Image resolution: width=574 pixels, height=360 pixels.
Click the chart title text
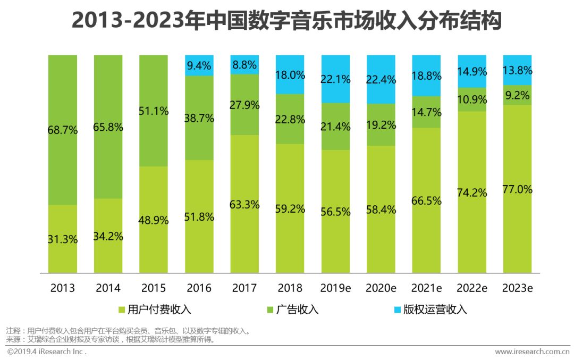click(x=286, y=22)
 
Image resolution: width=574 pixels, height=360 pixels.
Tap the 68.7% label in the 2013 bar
click(x=63, y=130)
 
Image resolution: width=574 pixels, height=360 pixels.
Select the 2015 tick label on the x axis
click(x=154, y=288)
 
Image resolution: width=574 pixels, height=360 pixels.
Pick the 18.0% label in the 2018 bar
click(x=290, y=75)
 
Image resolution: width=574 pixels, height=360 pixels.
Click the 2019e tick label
click(x=335, y=288)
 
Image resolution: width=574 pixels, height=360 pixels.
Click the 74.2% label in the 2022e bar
click(x=472, y=192)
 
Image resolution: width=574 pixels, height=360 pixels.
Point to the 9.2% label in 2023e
click(x=517, y=96)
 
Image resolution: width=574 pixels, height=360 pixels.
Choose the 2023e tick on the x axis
click(x=517, y=288)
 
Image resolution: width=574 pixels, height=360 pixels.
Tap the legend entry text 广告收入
click(x=297, y=309)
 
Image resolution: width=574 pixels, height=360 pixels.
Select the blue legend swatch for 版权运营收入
click(x=395, y=309)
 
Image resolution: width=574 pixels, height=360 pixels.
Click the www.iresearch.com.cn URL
click(x=532, y=351)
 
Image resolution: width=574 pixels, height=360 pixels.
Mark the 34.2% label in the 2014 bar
click(x=108, y=237)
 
